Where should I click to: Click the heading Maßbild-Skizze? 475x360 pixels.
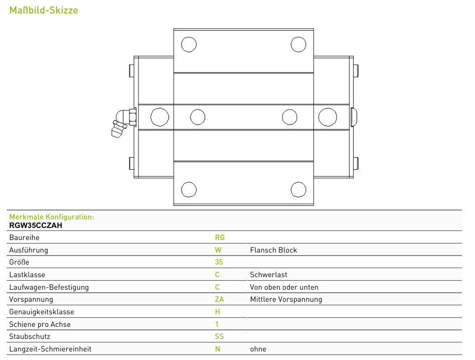[x=44, y=11]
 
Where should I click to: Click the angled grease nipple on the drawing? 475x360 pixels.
[x=123, y=123]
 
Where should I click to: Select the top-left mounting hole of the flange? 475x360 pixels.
[x=189, y=44]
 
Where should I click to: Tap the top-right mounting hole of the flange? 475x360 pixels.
[x=298, y=44]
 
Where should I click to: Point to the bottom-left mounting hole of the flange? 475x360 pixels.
[x=189, y=190]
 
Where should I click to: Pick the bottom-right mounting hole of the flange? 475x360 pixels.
[x=298, y=190]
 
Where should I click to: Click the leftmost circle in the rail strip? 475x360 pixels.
[x=160, y=117]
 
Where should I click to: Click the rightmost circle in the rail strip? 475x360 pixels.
[x=328, y=117]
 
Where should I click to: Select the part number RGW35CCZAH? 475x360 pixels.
[x=36, y=225]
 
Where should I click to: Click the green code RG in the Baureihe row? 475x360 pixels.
[x=220, y=237]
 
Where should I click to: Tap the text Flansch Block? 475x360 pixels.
[x=273, y=250]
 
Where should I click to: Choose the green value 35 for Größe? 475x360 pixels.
[x=219, y=262]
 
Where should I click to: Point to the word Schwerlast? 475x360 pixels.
[x=268, y=275]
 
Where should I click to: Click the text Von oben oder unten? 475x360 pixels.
[x=284, y=287]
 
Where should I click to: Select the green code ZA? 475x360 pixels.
[x=219, y=299]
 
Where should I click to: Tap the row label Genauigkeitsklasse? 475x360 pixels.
[x=42, y=312]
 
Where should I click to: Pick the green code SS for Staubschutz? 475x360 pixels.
[x=219, y=336]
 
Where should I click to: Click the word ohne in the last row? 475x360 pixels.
[x=258, y=349]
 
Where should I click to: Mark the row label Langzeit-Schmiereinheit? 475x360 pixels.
[x=50, y=349]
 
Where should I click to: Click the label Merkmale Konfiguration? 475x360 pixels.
[x=52, y=217]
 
